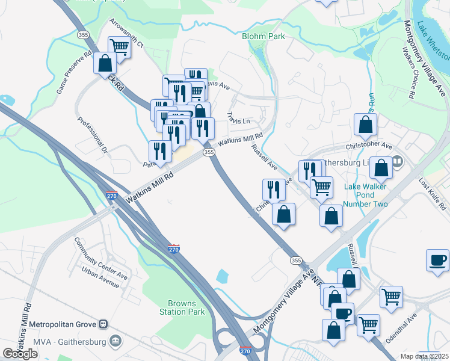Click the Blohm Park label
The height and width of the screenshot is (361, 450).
pyautogui.click(x=263, y=36)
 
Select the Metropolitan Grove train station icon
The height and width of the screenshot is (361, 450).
pyautogui.click(x=103, y=325)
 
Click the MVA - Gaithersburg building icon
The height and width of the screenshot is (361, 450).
pyautogui.click(x=116, y=342)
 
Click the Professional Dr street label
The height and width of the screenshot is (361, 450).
pyautogui.click(x=91, y=134)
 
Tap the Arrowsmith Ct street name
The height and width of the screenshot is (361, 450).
pyautogui.click(x=126, y=32)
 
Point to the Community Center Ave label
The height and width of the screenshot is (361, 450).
pyautogui.click(x=101, y=259)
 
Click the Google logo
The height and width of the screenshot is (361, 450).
pyautogui.click(x=20, y=354)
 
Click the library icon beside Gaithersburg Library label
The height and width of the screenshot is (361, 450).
pyautogui.click(x=397, y=161)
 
